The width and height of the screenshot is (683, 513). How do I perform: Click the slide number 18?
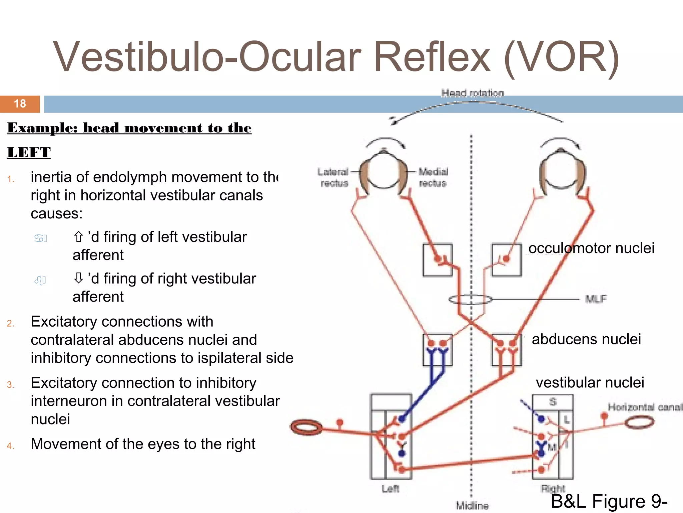click(20, 104)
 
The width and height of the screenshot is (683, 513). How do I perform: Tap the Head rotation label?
click(472, 93)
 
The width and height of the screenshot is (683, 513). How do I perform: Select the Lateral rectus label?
click(333, 177)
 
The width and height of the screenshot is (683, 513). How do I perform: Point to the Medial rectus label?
click(433, 177)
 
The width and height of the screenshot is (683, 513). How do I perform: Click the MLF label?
click(596, 299)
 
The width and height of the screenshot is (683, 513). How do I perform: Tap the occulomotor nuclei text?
click(591, 248)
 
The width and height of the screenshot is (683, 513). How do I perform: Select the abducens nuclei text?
click(586, 339)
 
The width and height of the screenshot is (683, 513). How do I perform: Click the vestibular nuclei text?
click(590, 383)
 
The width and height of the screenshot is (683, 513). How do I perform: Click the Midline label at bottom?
click(472, 506)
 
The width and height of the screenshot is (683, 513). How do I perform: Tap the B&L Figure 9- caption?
click(609, 501)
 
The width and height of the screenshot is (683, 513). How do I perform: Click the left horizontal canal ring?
click(306, 427)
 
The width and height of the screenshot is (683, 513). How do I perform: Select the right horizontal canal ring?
click(639, 422)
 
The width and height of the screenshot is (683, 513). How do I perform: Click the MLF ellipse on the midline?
click(470, 299)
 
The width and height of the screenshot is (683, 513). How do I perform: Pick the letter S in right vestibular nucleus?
click(553, 402)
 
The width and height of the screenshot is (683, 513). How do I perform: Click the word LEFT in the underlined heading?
click(29, 153)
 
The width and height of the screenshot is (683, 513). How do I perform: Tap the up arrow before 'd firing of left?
click(78, 237)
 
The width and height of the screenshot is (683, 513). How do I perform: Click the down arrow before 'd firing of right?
click(78, 278)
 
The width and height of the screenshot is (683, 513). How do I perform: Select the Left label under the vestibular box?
click(390, 489)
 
